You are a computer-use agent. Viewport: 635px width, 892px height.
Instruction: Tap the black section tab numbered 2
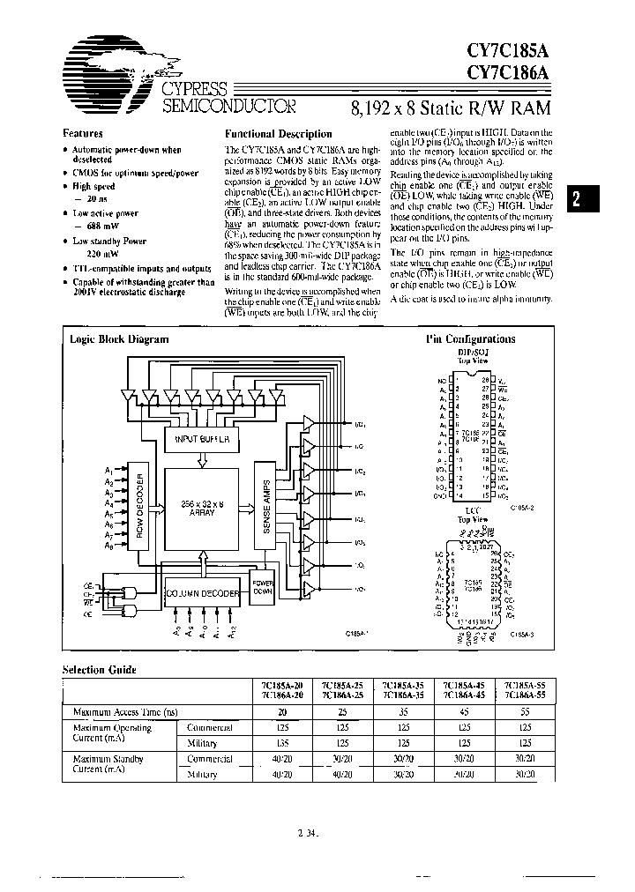576,198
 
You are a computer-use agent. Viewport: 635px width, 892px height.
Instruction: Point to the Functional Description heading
280,133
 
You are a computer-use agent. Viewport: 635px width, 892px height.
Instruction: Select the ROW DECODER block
142,509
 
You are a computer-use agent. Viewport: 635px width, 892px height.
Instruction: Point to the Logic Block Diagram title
108,339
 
